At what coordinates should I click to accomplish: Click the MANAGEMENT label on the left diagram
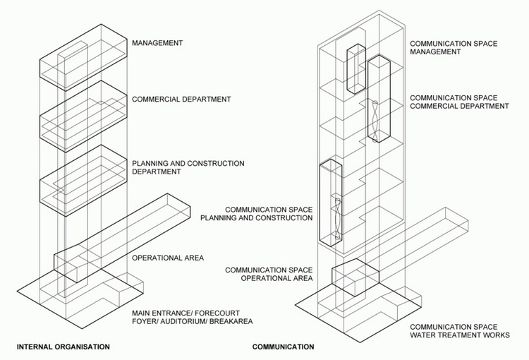click(157, 43)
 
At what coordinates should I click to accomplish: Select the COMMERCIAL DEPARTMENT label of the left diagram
click(181, 100)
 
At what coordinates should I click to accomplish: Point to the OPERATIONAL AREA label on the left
click(168, 258)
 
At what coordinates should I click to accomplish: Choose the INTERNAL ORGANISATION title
click(63, 347)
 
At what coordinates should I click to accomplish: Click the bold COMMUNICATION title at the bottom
click(283, 347)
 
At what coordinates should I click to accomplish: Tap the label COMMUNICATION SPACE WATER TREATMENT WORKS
click(460, 331)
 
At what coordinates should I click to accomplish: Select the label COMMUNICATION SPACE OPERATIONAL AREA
click(269, 274)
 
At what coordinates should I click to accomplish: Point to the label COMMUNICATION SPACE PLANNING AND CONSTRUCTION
click(257, 214)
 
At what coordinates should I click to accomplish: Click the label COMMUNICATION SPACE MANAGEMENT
click(454, 47)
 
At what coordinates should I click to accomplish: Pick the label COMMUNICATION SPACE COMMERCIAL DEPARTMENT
click(459, 102)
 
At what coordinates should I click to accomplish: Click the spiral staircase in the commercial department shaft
click(375, 121)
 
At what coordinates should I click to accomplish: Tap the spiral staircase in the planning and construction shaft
click(338, 219)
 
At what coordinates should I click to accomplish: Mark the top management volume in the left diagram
click(83, 57)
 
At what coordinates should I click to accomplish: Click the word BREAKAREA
click(231, 321)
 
